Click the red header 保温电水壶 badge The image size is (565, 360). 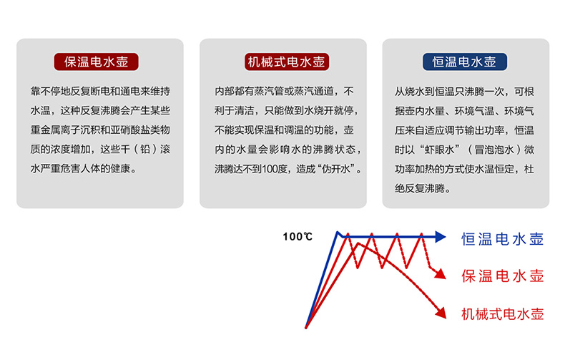[97, 62]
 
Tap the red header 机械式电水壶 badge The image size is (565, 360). [287, 62]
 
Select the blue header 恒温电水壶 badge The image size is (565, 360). [465, 62]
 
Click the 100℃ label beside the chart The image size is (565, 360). [298, 237]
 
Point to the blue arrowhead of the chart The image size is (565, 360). [441, 237]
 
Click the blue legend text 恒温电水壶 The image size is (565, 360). [502, 239]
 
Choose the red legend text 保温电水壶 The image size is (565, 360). [502, 276]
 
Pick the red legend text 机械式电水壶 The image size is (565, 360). [502, 313]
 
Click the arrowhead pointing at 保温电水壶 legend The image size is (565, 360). [441, 274]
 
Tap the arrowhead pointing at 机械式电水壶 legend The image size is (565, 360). [441, 313]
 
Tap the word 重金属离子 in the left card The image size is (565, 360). [55, 130]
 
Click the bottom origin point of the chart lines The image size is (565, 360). [306, 327]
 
